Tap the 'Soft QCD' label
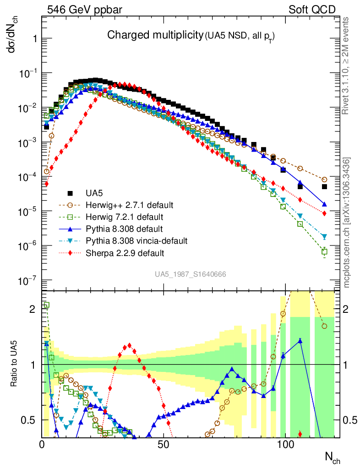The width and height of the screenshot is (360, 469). (x=312, y=9)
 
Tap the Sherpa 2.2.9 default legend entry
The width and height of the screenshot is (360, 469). (x=123, y=252)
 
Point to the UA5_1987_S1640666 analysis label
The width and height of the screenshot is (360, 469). (x=190, y=274)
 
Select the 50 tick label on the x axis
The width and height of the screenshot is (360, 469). (x=164, y=445)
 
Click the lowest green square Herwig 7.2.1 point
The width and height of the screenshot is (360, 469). (x=324, y=251)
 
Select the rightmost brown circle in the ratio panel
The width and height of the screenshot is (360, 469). (x=324, y=326)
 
